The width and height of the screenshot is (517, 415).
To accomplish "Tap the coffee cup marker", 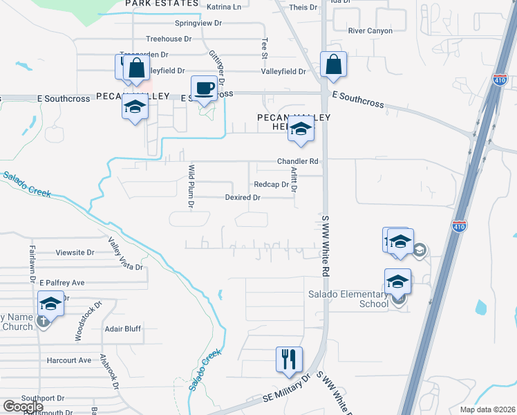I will click(x=203, y=89).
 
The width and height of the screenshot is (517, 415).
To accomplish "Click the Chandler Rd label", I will click(x=297, y=161).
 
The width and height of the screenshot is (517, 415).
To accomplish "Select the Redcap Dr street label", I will click(x=271, y=185).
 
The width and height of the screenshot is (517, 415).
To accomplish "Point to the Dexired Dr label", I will click(x=243, y=198).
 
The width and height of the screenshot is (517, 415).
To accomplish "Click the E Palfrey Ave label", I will click(x=62, y=283).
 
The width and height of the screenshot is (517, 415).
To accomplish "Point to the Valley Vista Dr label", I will click(x=124, y=254).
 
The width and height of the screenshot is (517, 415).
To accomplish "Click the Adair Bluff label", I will click(x=122, y=330).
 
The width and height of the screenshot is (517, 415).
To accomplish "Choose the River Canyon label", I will click(x=370, y=31).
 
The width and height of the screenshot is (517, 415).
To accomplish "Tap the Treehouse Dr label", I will click(x=169, y=39).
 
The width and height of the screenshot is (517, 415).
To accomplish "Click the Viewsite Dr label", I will click(x=75, y=252).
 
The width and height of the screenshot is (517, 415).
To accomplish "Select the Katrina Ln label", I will click(x=225, y=7).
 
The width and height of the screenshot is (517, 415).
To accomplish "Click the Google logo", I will click(x=23, y=407).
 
